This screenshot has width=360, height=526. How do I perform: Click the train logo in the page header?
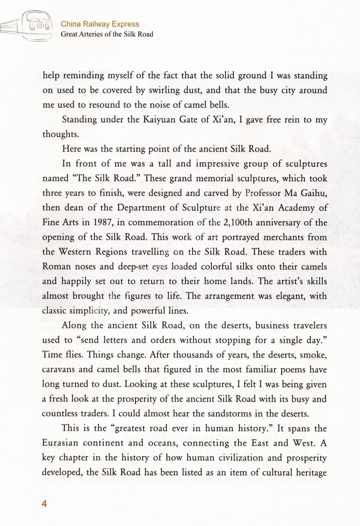tap(27, 28)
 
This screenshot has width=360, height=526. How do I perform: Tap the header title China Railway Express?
tap(100, 24)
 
